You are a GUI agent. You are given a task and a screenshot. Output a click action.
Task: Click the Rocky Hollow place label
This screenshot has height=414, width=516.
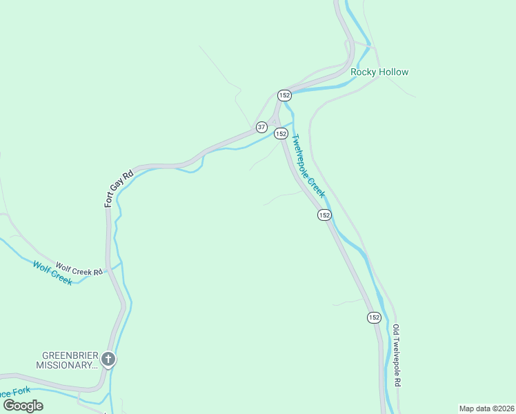tap(379, 72)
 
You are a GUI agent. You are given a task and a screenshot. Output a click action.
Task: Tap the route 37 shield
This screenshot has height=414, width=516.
tap(261, 127)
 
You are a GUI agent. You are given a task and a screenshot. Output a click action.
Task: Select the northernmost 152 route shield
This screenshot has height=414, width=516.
tap(284, 95)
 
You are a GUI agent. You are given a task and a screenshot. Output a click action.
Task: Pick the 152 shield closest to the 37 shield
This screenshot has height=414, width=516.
tap(281, 133)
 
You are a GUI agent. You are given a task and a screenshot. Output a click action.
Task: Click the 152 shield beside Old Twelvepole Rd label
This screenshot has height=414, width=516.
tap(373, 317)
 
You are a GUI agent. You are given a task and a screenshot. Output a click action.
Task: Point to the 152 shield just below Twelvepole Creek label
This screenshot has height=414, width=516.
tap(324, 215)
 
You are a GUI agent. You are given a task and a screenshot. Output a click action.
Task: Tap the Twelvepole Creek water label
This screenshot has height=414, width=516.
tap(308, 166)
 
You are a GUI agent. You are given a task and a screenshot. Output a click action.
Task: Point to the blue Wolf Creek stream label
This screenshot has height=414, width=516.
tap(52, 272)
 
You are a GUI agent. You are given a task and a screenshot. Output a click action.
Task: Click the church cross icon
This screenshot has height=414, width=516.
tap(108, 358)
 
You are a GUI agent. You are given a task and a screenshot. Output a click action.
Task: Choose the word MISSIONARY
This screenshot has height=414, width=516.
tap(66, 365)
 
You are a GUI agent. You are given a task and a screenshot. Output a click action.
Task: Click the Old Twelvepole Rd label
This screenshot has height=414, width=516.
tap(397, 355)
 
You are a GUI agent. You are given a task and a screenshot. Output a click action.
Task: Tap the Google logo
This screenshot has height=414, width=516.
tap(23, 406)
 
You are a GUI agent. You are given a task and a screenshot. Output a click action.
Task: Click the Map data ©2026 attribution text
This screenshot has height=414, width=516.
tap(486, 408)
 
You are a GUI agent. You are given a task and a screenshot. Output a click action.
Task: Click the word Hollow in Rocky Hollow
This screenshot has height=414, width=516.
tap(394, 72)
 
